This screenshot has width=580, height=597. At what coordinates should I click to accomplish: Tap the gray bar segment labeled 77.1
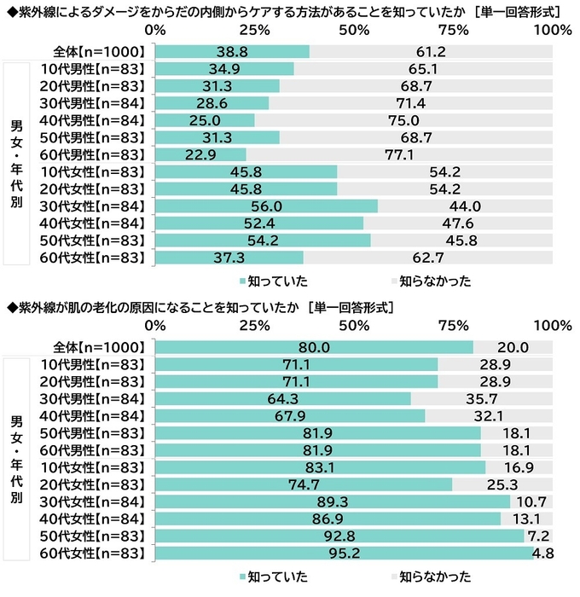(399, 154)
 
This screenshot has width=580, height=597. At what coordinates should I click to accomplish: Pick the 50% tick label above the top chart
(354, 31)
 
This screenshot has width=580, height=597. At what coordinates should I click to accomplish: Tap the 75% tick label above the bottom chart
(453, 326)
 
